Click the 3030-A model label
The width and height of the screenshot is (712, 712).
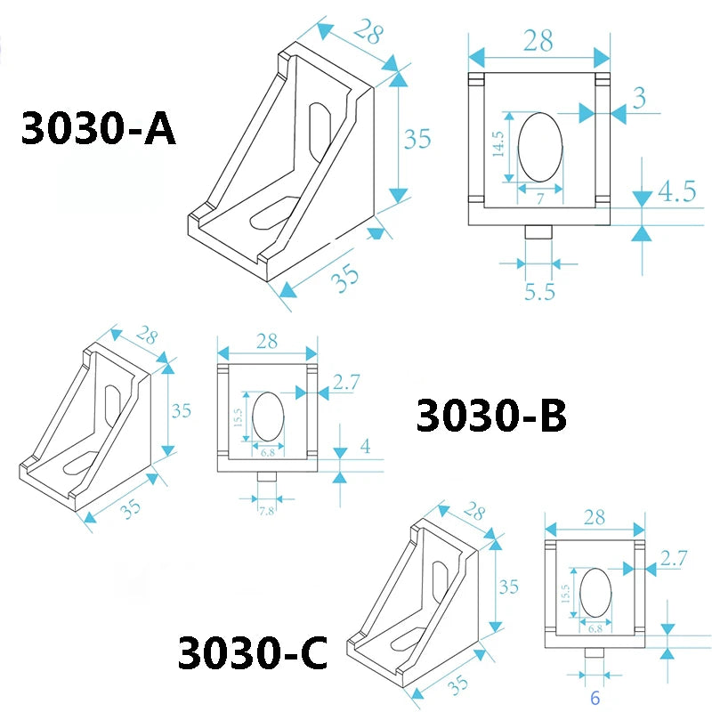point(99,128)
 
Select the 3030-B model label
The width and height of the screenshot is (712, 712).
point(490,417)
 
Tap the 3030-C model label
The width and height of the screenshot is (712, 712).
point(253,654)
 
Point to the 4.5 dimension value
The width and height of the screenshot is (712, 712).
point(676,191)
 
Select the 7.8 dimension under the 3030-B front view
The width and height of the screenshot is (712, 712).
point(267,512)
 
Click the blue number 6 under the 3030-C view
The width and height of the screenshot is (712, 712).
point(595,698)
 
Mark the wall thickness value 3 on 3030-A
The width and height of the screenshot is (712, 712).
point(640,98)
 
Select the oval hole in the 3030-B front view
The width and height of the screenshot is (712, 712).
point(269,416)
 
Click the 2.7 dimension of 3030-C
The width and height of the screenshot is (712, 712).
point(674,558)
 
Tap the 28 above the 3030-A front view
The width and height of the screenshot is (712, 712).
point(539,40)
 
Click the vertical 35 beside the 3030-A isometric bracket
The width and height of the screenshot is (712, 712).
point(418,139)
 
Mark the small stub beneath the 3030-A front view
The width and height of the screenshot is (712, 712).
point(538,231)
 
